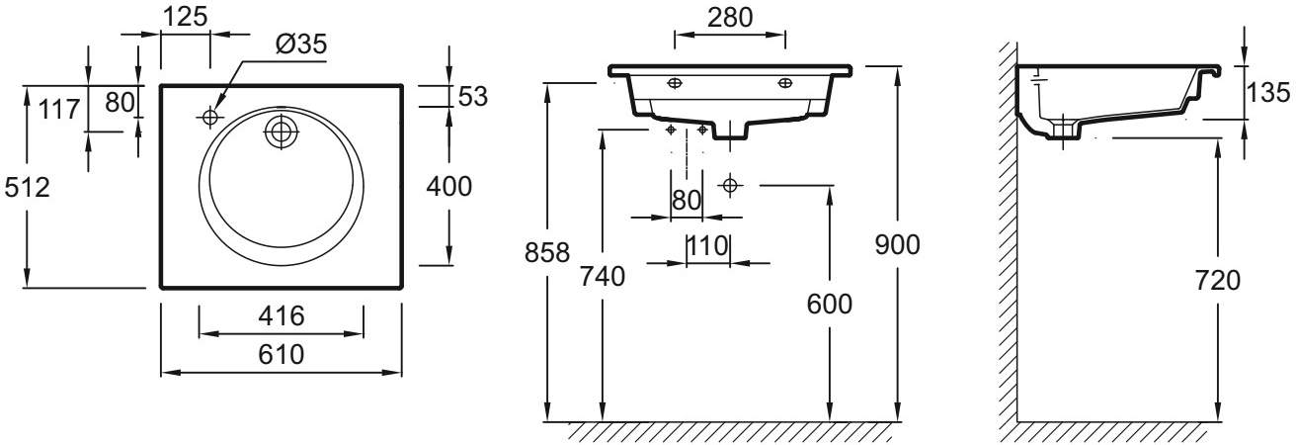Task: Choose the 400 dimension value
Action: point(450,185)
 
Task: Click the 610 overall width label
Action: point(282,353)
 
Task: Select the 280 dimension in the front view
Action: point(729,17)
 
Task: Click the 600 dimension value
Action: point(829,305)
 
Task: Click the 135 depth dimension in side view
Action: point(1266,93)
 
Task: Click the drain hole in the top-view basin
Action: point(282,132)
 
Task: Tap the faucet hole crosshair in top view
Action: point(209,118)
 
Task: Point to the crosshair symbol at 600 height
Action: point(730,185)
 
